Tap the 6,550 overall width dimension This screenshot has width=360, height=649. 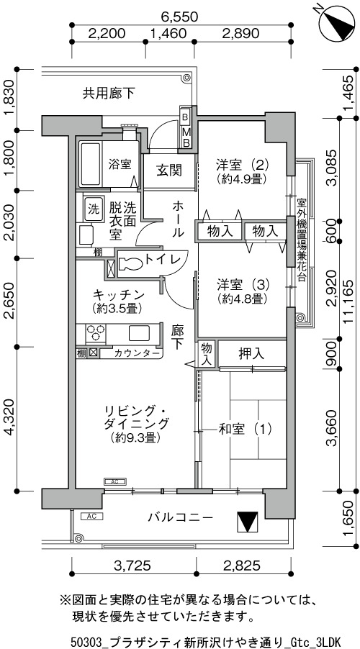click(180, 17)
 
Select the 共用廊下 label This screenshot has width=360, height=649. click(109, 94)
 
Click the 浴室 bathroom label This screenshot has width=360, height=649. click(120, 165)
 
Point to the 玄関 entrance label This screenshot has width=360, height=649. click(169, 170)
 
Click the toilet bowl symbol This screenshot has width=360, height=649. click(130, 263)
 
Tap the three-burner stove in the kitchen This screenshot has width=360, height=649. click(95, 332)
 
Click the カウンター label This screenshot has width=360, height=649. click(136, 353)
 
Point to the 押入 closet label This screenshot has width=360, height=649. click(251, 353)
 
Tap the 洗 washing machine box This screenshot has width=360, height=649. click(92, 209)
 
